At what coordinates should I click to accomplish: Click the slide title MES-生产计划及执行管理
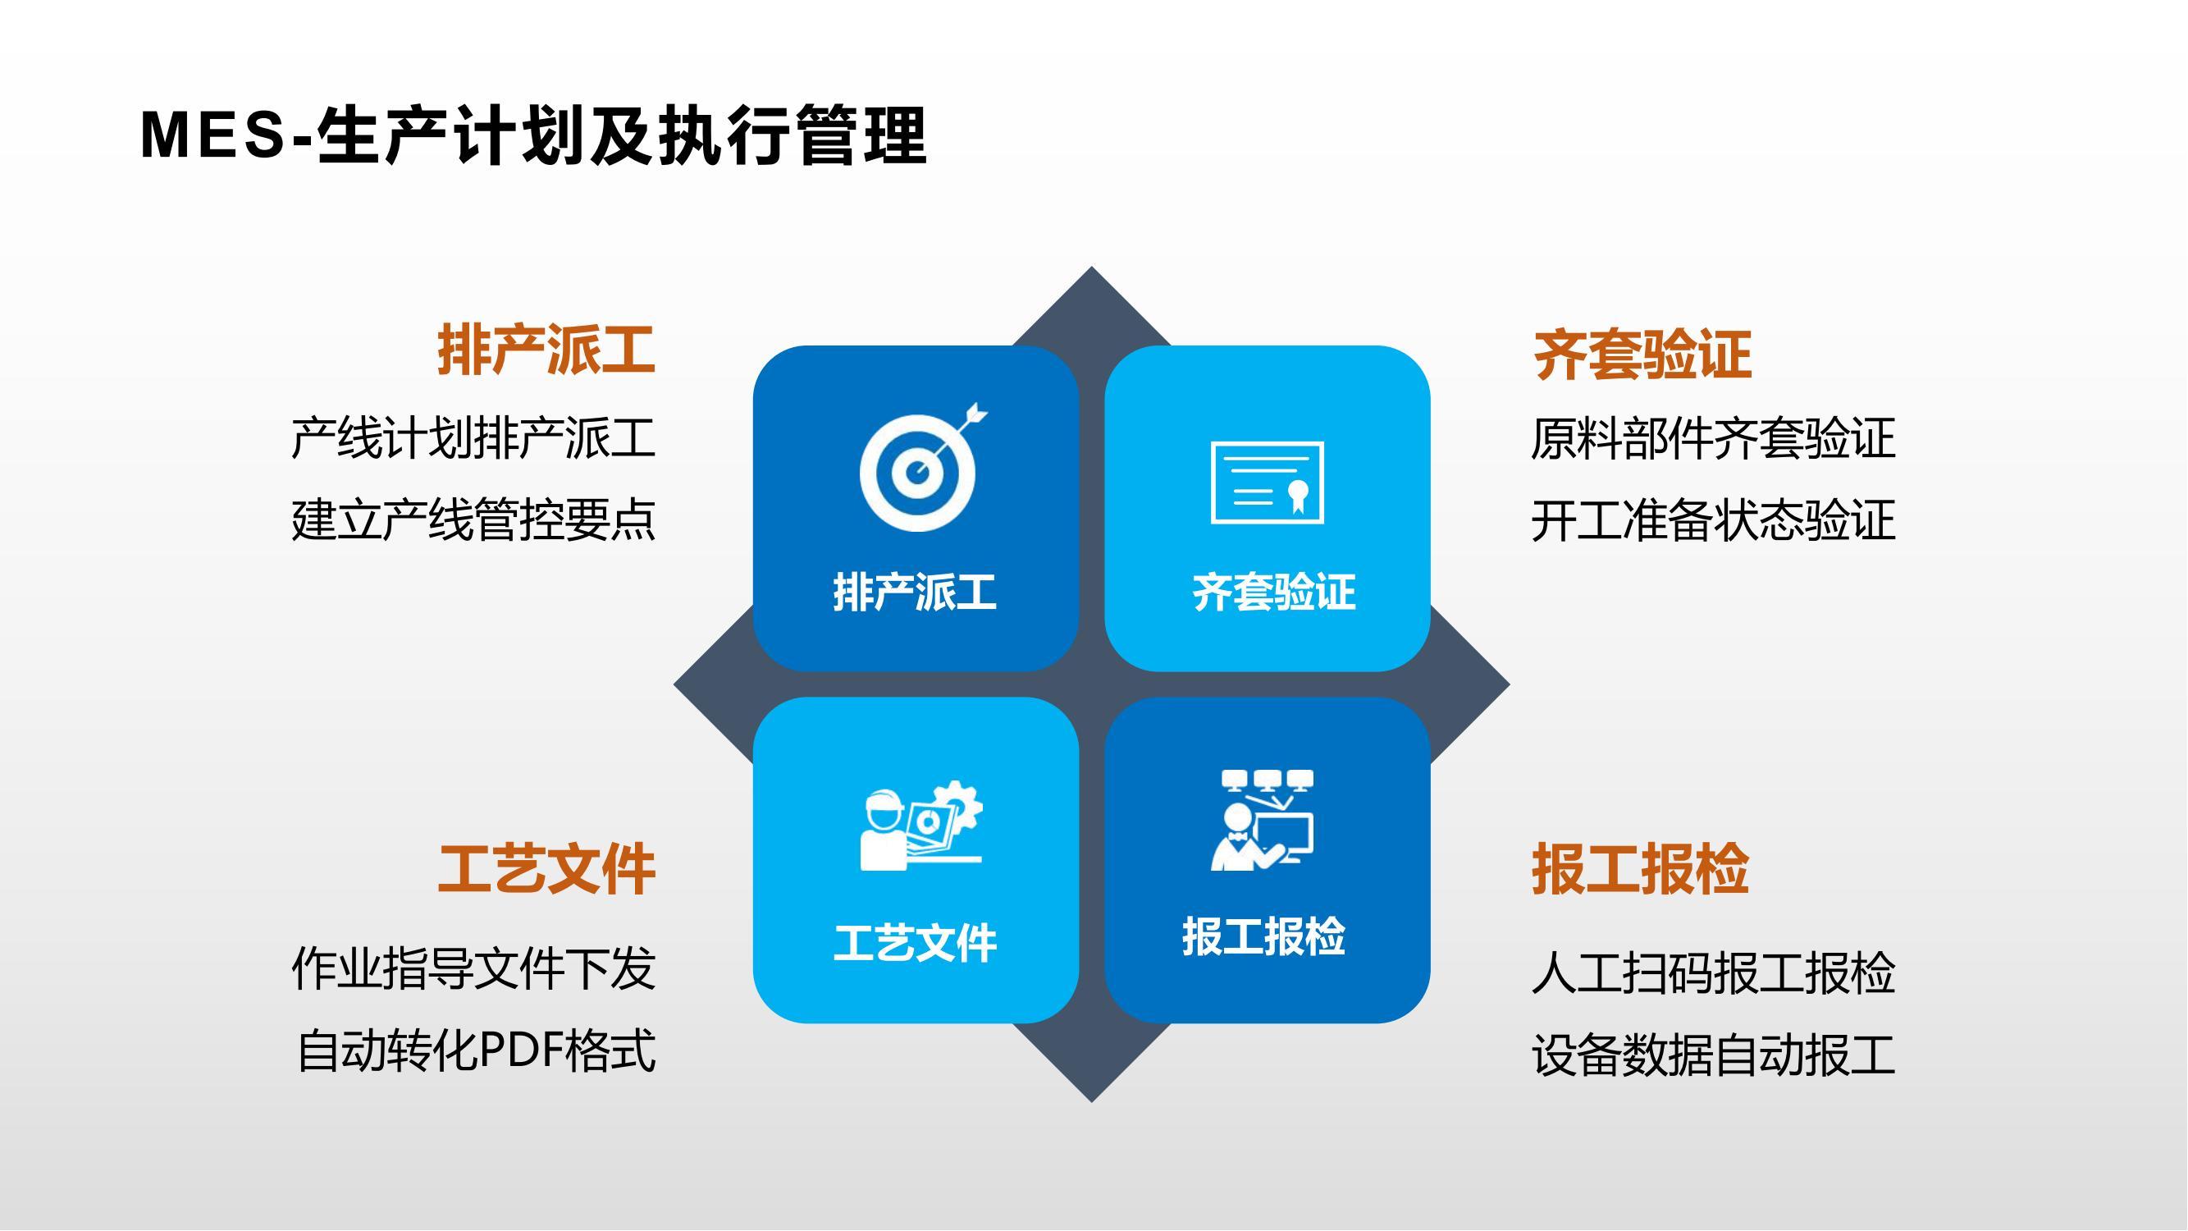point(533,135)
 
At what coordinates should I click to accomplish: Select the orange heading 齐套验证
point(1642,355)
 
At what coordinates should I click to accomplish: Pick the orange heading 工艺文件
point(546,869)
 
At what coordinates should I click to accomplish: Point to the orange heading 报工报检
point(1640,869)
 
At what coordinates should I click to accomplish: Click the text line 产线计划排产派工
point(473,438)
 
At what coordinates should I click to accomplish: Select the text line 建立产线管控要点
point(473,520)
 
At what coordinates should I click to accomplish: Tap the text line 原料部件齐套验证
point(1713,438)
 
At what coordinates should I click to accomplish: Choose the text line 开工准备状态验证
point(1713,520)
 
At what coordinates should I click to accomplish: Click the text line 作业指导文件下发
point(473,968)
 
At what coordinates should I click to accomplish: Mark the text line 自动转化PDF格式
point(476,1050)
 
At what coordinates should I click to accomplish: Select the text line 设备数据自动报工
point(1713,1055)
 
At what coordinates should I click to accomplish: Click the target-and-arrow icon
point(921,467)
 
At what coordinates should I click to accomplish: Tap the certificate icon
point(1268,482)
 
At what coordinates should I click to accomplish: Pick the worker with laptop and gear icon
point(921,826)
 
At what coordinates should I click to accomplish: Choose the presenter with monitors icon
point(1262,820)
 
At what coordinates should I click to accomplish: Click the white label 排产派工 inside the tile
point(915,593)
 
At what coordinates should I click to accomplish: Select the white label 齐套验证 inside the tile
point(1274,593)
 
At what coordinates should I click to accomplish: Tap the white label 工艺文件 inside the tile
point(915,943)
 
